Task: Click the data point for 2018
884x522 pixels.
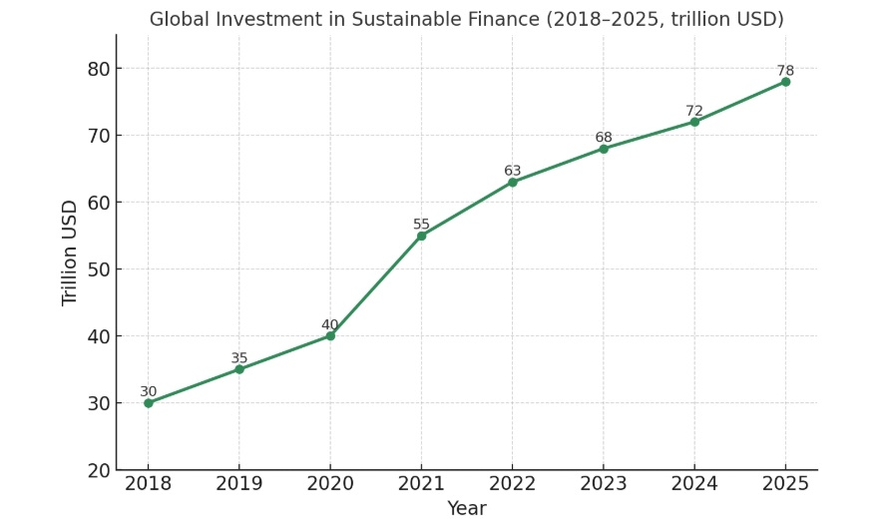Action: point(148,402)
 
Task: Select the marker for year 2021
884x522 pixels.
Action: point(421,236)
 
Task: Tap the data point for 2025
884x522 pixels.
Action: point(785,82)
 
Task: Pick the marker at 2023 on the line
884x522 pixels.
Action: point(604,149)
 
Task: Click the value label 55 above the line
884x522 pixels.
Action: point(421,225)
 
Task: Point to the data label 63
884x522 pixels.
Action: point(513,171)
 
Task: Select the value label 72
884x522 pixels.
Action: point(694,111)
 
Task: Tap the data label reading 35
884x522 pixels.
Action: point(239,358)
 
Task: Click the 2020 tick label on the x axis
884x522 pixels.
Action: point(330,484)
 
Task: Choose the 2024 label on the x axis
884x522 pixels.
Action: point(694,484)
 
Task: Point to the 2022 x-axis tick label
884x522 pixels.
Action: point(512,484)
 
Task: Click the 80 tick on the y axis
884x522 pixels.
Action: point(98,69)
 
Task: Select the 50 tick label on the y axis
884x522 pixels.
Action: point(98,269)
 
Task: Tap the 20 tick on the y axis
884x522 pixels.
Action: point(98,470)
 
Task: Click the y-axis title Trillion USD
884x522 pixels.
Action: point(70,253)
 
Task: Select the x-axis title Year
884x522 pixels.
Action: point(466,509)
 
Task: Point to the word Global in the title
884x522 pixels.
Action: point(177,20)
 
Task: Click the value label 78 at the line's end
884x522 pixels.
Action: point(785,71)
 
